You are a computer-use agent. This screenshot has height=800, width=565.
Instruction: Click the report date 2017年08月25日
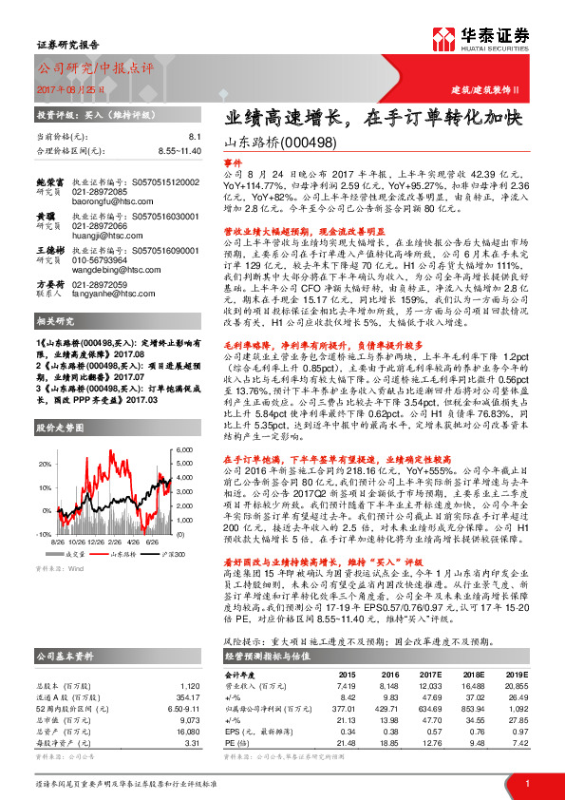pyautogui.click(x=74, y=89)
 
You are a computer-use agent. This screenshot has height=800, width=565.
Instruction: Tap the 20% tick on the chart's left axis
pyautogui.click(x=45, y=463)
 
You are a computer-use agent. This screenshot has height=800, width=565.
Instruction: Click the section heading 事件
pyautogui.click(x=233, y=162)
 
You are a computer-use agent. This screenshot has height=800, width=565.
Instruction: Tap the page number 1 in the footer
pyautogui.click(x=526, y=782)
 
